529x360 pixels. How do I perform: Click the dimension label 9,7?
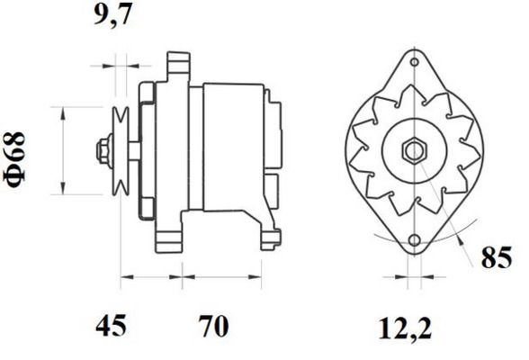[112, 14]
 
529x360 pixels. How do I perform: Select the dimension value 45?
[111, 326]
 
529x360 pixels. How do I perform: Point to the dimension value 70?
[213, 326]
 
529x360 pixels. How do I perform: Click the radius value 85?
[497, 257]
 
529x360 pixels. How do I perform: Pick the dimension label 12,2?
[405, 329]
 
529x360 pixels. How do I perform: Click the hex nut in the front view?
[414, 151]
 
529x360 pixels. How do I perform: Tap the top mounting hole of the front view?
[415, 62]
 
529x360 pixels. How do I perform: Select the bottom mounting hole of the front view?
[414, 240]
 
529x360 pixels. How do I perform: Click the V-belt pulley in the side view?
[121, 151]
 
